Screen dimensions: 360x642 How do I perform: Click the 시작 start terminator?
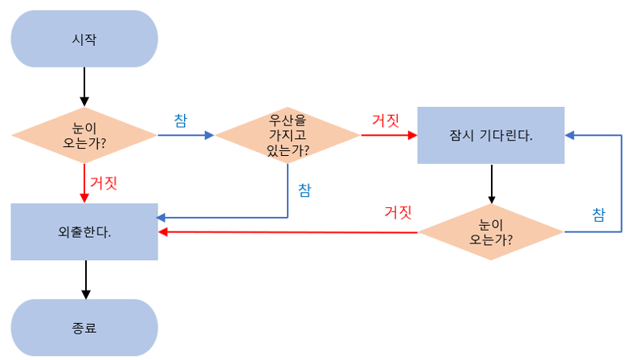(x=84, y=39)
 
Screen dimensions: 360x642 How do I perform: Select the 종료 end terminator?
(x=84, y=327)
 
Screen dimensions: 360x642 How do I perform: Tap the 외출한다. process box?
(x=84, y=232)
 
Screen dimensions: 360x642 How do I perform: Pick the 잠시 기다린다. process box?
(x=490, y=135)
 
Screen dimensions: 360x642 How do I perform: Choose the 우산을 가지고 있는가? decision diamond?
(x=288, y=135)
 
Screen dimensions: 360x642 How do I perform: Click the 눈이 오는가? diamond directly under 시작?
(x=84, y=135)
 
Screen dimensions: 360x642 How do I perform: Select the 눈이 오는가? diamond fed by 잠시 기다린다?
(x=490, y=232)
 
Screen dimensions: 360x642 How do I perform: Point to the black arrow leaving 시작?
(x=84, y=87)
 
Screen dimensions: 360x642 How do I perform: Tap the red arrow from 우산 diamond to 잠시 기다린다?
(x=389, y=135)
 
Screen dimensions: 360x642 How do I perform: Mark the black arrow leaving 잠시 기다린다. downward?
(x=490, y=184)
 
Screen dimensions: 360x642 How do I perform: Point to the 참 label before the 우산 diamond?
(x=181, y=120)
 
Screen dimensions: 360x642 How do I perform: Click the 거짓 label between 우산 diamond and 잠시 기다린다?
(x=386, y=120)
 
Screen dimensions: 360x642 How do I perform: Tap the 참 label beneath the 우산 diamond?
(x=305, y=190)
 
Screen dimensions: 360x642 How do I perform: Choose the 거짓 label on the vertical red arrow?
(x=104, y=182)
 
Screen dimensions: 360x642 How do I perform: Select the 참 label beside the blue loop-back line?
(x=599, y=215)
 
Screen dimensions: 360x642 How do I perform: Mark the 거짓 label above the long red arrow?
(x=399, y=213)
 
